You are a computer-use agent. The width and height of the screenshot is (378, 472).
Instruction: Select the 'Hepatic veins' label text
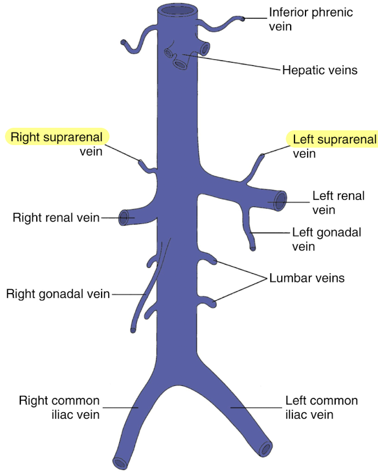click(319, 70)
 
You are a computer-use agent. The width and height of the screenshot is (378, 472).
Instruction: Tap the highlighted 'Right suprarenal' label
click(57, 137)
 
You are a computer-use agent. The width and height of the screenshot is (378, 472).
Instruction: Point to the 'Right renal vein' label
click(56, 217)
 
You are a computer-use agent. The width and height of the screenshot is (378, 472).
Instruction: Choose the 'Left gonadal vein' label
click(326, 239)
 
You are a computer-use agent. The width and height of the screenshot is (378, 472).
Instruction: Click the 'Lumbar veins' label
click(307, 278)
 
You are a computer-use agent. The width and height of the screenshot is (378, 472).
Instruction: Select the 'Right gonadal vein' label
click(58, 294)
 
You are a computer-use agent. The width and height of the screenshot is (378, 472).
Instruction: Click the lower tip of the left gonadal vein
click(253, 249)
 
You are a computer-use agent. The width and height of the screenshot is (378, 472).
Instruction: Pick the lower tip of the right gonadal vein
click(134, 330)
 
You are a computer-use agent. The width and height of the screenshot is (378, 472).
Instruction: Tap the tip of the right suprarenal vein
click(140, 162)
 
